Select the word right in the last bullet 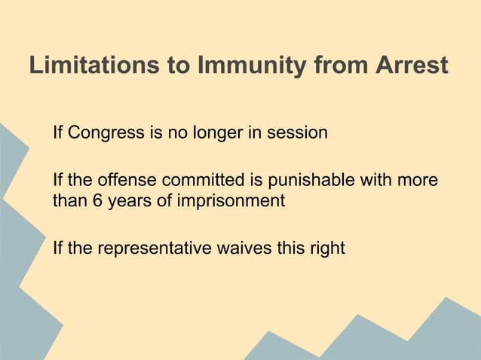pos(328,247)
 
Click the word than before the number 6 pos(68,201)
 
